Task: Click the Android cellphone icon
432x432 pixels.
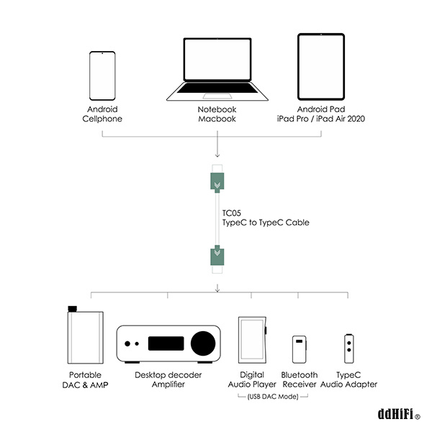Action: click(x=102, y=76)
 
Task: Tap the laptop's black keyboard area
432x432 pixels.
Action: click(x=217, y=88)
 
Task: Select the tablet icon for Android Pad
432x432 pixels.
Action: click(x=321, y=67)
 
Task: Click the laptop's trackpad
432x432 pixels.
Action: click(x=217, y=96)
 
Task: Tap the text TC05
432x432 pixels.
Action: click(x=231, y=213)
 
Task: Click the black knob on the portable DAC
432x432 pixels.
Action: click(x=73, y=309)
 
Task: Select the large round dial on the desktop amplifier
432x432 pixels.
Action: click(x=203, y=343)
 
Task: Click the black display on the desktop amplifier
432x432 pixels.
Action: click(x=166, y=343)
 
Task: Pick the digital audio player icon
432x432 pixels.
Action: click(x=253, y=340)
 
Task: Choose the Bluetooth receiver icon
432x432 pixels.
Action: click(x=300, y=349)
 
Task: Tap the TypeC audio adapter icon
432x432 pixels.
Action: click(x=348, y=348)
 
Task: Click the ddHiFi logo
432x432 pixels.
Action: click(x=399, y=414)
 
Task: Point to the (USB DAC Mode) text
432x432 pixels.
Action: click(x=273, y=397)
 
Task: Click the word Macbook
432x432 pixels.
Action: click(x=217, y=119)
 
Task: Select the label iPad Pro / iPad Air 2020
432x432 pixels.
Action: click(x=321, y=119)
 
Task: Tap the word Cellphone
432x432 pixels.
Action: click(x=102, y=119)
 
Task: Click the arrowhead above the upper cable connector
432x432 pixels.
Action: click(x=217, y=156)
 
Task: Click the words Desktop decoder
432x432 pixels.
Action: click(x=168, y=375)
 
